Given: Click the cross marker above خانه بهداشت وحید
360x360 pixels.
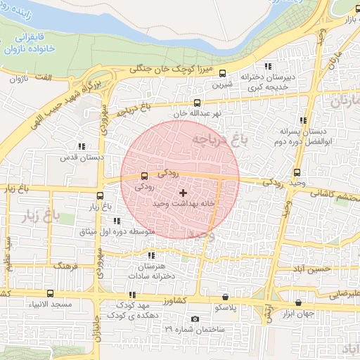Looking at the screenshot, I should tap(183, 192).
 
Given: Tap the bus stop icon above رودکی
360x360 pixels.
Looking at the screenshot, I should tap(145, 176).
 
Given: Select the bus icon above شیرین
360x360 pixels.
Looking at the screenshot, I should tap(223, 73).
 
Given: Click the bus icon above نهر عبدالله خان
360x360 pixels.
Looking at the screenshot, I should tap(197, 103).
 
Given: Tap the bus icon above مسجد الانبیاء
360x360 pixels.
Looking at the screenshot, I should tap(49, 293).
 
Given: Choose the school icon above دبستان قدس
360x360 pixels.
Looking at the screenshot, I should tap(82, 146).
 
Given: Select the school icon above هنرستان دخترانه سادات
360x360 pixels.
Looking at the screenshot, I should tap(152, 256).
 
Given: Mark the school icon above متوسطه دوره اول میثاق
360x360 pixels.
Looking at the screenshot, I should tap(116, 221).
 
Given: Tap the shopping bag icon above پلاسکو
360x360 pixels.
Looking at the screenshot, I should tap(225, 297).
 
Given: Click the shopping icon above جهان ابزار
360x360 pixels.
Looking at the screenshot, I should tap(298, 302).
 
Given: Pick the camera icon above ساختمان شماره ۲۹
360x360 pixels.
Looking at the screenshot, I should tap(195, 319).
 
